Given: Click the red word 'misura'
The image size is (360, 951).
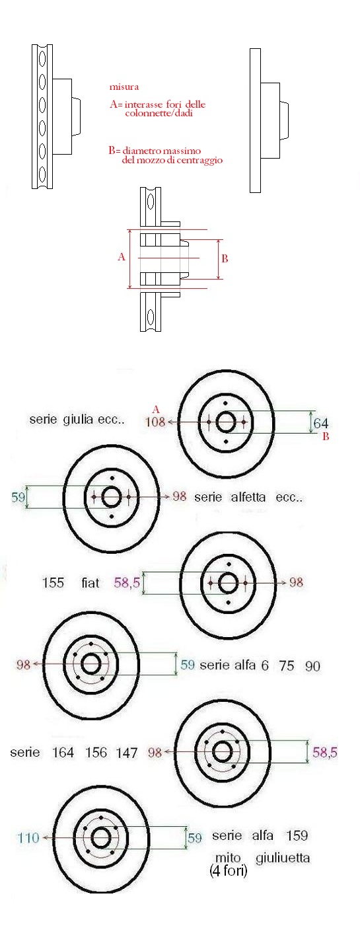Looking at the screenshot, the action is (x=124, y=87).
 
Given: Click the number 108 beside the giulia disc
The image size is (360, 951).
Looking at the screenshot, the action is (x=155, y=422).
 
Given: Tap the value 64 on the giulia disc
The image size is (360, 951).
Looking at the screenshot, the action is (x=321, y=423).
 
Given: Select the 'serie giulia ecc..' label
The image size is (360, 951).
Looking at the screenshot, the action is (x=77, y=420).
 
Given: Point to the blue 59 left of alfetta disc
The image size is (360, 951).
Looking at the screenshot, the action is (x=18, y=497).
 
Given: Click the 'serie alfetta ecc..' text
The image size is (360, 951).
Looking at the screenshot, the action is (x=248, y=497).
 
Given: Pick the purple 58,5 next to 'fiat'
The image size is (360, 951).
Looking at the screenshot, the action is (x=127, y=582).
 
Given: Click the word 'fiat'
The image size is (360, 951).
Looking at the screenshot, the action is (x=90, y=582).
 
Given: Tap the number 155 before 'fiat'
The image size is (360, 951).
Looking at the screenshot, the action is (x=53, y=582).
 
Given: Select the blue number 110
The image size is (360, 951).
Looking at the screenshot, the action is (x=28, y=837).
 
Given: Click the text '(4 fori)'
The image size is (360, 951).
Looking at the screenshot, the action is (x=229, y=871).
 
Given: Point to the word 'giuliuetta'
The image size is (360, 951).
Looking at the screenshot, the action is (x=283, y=858).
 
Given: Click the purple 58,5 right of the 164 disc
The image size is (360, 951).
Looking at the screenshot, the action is (x=325, y=752).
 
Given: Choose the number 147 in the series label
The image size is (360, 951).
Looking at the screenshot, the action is (x=127, y=753).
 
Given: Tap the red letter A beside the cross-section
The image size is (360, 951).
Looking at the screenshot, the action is (x=122, y=257).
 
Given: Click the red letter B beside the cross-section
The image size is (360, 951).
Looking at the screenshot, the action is (x=225, y=258).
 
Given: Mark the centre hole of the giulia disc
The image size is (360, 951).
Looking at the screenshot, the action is (x=226, y=422).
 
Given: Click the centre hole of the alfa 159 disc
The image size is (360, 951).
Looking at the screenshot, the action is (x=101, y=837).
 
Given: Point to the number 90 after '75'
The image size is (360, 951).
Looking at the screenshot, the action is (x=312, y=666).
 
